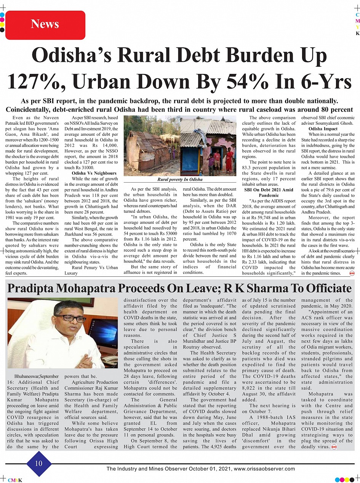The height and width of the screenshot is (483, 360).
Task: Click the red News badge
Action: [45, 25]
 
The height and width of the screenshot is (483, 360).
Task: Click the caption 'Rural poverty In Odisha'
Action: [180, 179]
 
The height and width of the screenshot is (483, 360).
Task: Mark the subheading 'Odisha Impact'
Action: [323, 129]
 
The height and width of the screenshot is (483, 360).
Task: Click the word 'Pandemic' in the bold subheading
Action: [269, 195]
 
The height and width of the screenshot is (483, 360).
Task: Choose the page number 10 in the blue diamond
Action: [39, 464]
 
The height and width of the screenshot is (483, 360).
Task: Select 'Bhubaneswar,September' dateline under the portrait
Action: [36, 376]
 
